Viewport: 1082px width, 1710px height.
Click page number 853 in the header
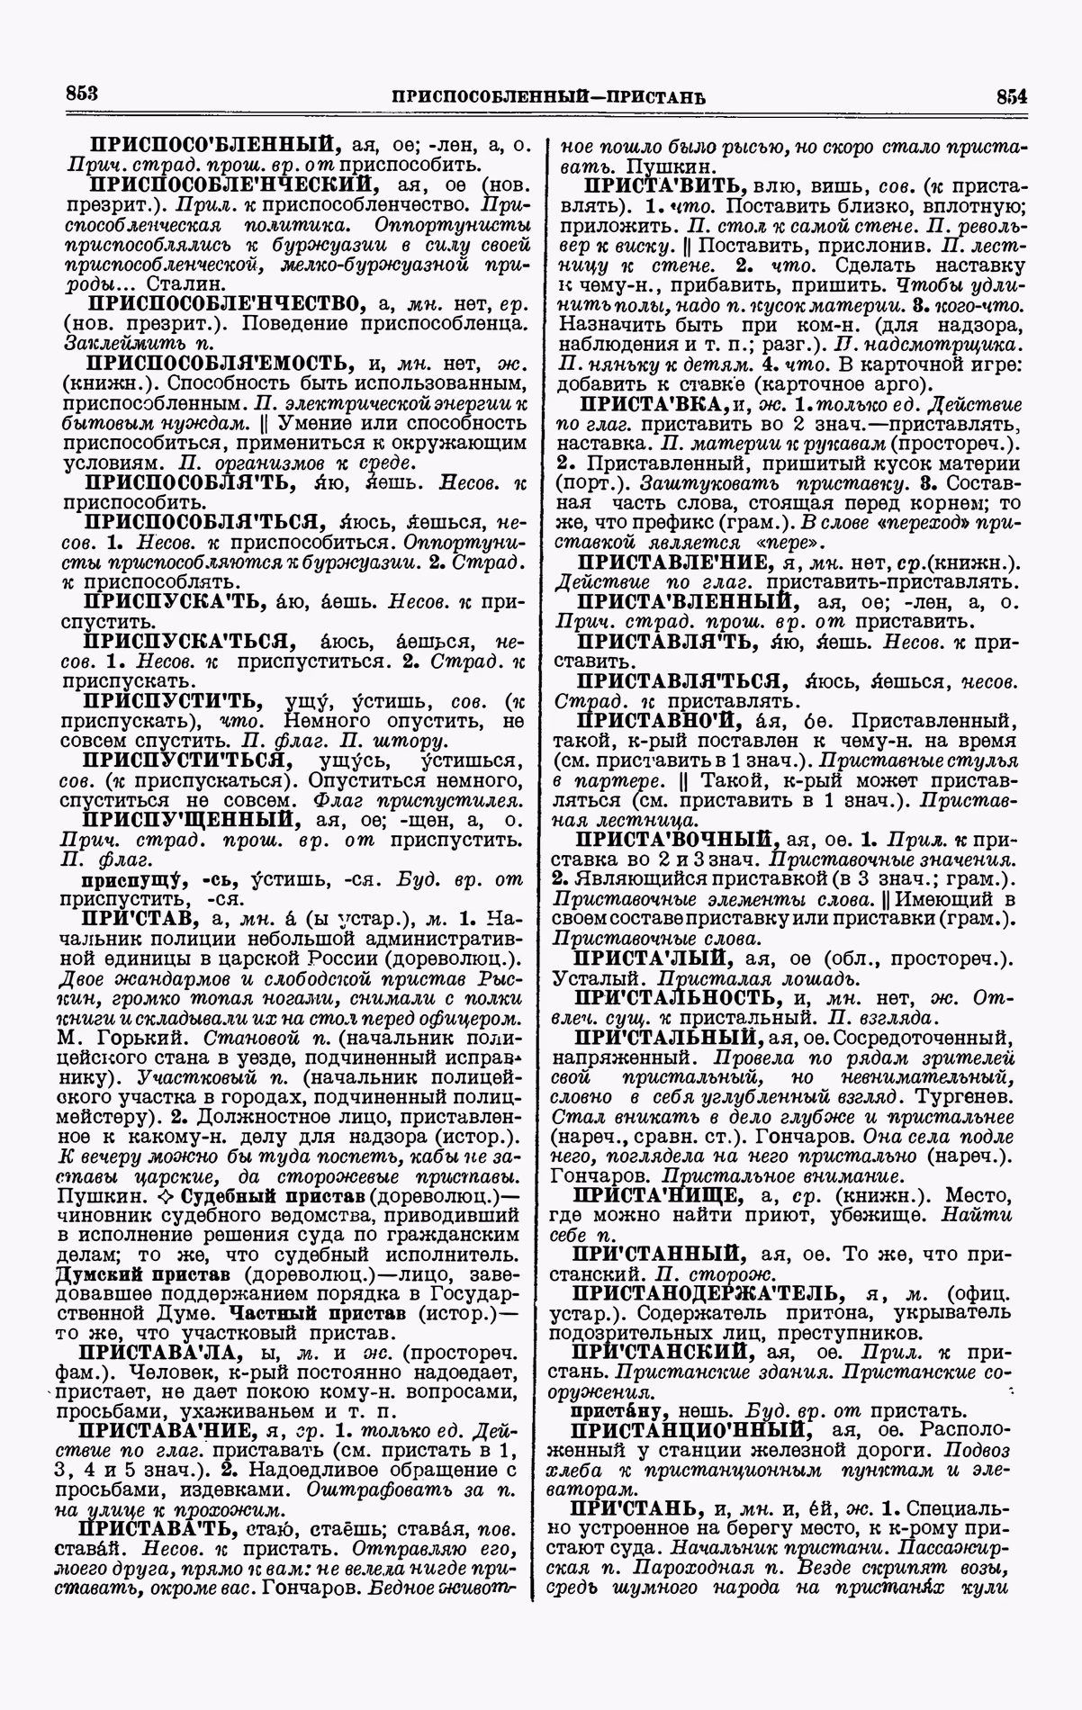[81, 93]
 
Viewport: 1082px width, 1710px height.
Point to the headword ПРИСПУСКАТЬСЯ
[190, 641]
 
